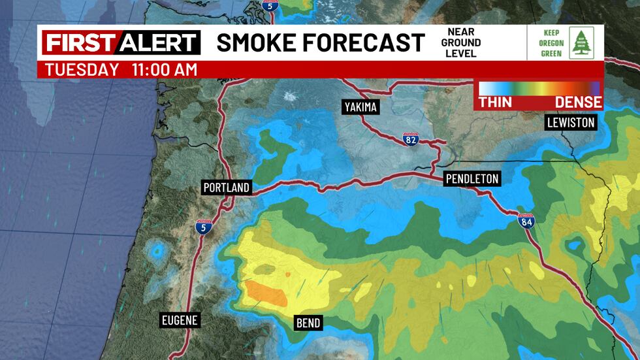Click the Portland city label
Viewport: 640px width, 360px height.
227,188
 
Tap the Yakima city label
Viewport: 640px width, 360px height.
361,107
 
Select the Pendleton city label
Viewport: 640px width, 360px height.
472,178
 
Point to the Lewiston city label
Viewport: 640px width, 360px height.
571,122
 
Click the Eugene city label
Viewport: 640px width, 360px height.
180,320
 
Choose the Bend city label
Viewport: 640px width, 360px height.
308,323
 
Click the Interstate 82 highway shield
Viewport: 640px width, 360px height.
409,139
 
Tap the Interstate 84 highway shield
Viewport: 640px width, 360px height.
526,221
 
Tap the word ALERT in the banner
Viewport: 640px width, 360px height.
157,43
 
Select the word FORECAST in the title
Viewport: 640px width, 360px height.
368,43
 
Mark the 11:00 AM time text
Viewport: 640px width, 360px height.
159,70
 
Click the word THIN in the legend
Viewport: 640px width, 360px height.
495,103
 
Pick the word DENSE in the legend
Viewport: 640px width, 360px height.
579,103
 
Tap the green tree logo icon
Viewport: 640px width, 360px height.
581,43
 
